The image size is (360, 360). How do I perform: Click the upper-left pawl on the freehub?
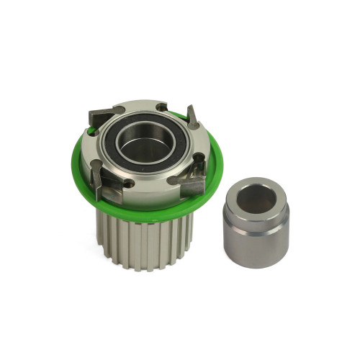tap(101, 114)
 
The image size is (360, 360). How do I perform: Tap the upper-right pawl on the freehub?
tap(192, 117)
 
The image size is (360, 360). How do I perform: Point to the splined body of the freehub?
tap(144, 241)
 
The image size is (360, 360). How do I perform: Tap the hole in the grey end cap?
tap(256, 198)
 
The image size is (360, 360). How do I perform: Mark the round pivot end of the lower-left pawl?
tap(95, 164)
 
